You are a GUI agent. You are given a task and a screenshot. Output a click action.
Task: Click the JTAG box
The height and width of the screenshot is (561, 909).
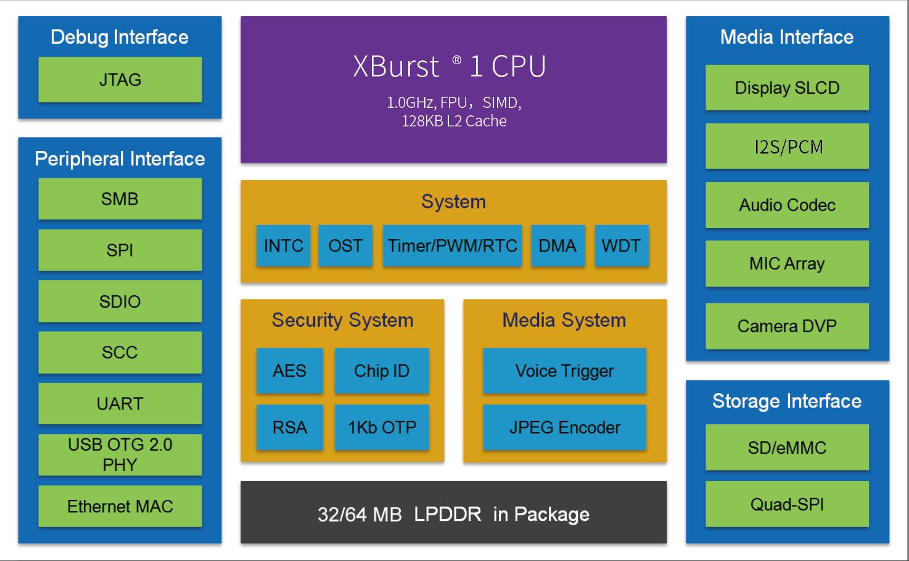click(120, 80)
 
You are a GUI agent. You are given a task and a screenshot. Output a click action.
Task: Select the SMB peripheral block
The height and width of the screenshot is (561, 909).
click(120, 199)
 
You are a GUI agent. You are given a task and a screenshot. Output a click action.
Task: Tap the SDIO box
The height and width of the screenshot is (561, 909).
click(120, 301)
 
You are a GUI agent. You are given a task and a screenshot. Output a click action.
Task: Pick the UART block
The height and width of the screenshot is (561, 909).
click(120, 403)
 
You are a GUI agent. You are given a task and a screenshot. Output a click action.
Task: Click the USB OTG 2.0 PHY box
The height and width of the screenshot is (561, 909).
click(120, 454)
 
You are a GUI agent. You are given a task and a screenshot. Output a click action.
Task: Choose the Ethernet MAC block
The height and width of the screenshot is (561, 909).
click(120, 506)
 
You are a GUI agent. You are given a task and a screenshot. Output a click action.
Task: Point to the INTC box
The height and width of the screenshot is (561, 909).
click(283, 245)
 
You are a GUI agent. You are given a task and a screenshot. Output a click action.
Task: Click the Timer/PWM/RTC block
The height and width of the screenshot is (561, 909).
click(452, 245)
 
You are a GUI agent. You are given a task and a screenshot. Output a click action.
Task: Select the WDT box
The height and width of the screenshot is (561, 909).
click(621, 245)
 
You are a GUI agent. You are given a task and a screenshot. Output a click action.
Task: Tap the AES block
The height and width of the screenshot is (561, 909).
click(289, 371)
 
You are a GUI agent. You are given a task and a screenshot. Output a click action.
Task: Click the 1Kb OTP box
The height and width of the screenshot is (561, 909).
click(382, 427)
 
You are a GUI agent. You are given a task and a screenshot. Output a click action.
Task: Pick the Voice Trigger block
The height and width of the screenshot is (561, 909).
click(564, 371)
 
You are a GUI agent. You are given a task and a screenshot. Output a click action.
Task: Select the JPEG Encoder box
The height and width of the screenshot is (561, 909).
click(564, 427)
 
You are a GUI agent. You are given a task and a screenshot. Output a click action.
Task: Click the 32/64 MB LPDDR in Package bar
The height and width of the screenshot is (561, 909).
click(453, 513)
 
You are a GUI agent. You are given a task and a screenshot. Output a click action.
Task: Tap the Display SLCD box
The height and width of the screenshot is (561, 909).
click(787, 88)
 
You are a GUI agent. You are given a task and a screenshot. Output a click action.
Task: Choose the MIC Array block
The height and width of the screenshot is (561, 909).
click(787, 263)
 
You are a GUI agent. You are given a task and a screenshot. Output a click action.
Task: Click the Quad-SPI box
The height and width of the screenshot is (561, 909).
click(787, 504)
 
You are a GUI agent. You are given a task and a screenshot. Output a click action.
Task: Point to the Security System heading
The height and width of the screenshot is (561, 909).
click(342, 320)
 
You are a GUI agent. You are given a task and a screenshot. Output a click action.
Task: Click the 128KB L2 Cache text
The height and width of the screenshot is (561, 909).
click(454, 121)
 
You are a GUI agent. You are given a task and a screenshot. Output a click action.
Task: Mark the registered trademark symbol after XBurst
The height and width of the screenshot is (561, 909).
click(456, 60)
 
